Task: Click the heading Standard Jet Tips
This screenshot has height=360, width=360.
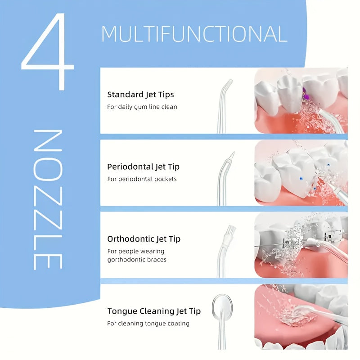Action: point(140,94)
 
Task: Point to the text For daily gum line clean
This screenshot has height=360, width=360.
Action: point(142,107)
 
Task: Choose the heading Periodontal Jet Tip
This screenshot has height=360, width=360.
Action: point(143,166)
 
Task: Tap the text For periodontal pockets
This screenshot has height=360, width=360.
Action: point(142,179)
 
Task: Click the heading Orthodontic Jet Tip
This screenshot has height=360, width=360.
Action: point(144,239)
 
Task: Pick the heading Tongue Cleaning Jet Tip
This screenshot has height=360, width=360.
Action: point(154,311)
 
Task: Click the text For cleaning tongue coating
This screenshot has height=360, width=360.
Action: point(148,324)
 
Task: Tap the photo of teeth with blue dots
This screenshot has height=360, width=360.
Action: point(301,173)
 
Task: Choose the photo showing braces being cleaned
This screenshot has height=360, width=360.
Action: point(301,245)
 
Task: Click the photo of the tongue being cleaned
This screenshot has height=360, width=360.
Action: point(301,317)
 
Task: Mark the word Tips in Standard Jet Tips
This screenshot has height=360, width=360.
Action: point(166,94)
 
